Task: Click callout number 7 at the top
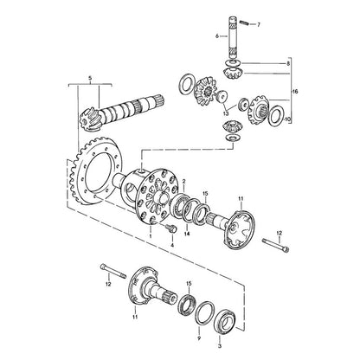pyautogui.click(x=259, y=25)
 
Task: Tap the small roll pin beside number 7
pyautogui.click(x=244, y=22)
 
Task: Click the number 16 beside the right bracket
pyautogui.click(x=294, y=92)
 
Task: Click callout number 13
pyautogui.click(x=225, y=113)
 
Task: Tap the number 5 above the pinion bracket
pyautogui.click(x=90, y=78)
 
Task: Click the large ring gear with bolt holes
pyautogui.click(x=97, y=173)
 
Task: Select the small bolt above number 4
pyautogui.click(x=170, y=228)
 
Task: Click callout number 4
pyautogui.click(x=172, y=245)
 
